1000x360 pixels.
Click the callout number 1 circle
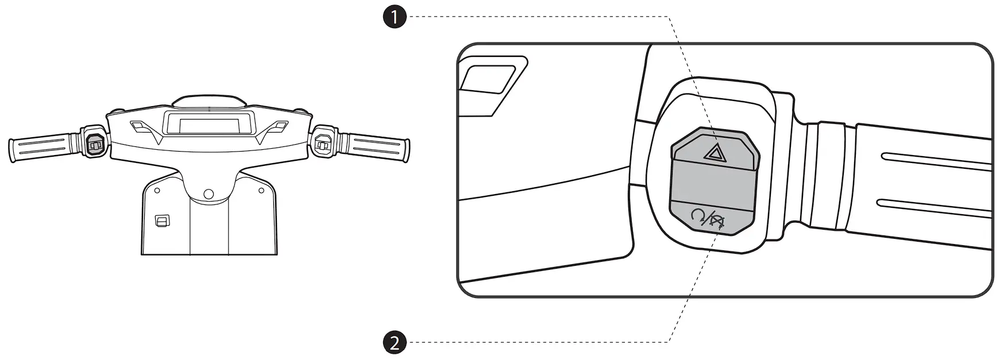pyautogui.click(x=395, y=17)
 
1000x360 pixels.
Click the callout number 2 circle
pyautogui.click(x=395, y=343)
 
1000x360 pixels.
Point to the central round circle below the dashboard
pyautogui.click(x=209, y=193)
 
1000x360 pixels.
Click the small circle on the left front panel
pyautogui.click(x=156, y=189)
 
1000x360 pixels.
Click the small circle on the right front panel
pyautogui.click(x=261, y=189)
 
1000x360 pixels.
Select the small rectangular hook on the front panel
pyautogui.click(x=163, y=220)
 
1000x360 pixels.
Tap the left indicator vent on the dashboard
pyautogui.click(x=138, y=125)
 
